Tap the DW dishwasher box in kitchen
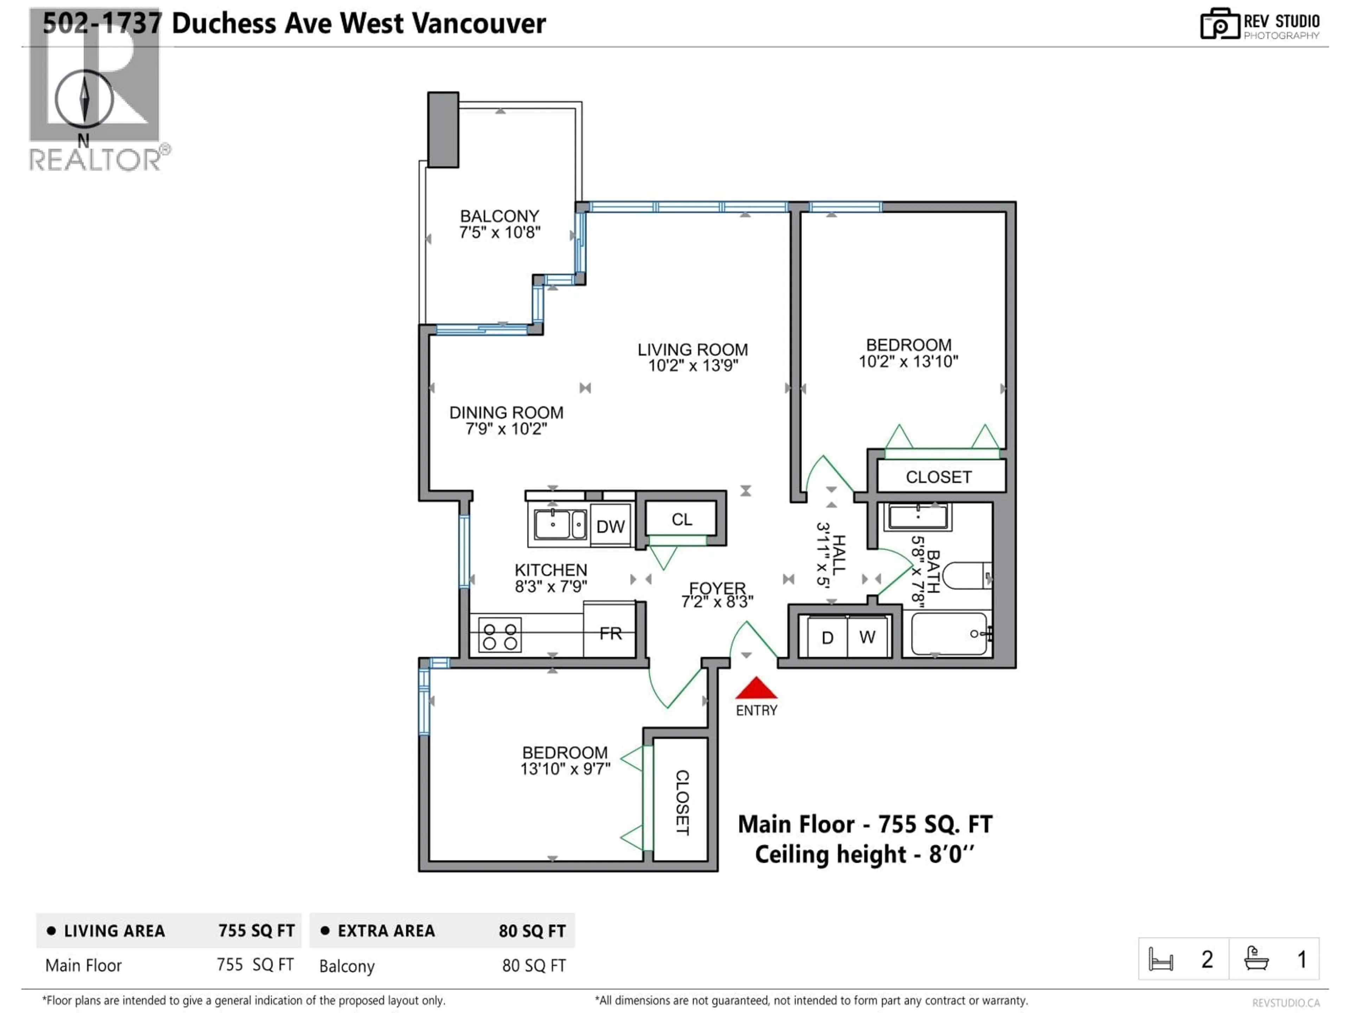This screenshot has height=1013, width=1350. [x=610, y=526]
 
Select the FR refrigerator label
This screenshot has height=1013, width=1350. [x=610, y=633]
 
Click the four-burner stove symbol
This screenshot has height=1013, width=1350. [x=500, y=635]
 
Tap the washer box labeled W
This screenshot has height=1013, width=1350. [x=867, y=637]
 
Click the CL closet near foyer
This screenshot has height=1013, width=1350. [x=682, y=519]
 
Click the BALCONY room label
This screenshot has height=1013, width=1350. [x=499, y=216]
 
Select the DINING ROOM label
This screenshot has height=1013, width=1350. [x=506, y=413]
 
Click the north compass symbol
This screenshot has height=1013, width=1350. [x=84, y=99]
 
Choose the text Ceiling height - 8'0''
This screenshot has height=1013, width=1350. [x=864, y=854]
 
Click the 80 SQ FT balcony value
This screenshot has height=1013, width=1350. [x=533, y=966]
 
